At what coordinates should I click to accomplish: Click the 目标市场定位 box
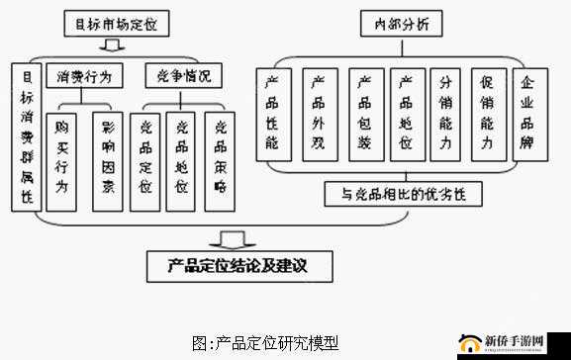point(112,22)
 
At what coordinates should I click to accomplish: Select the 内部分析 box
point(402,22)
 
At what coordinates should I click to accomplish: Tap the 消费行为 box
point(90,76)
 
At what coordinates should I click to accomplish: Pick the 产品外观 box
point(319,114)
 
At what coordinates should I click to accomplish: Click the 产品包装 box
point(364,114)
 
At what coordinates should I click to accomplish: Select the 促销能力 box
point(487,114)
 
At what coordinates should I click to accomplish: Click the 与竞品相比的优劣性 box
point(404,194)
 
